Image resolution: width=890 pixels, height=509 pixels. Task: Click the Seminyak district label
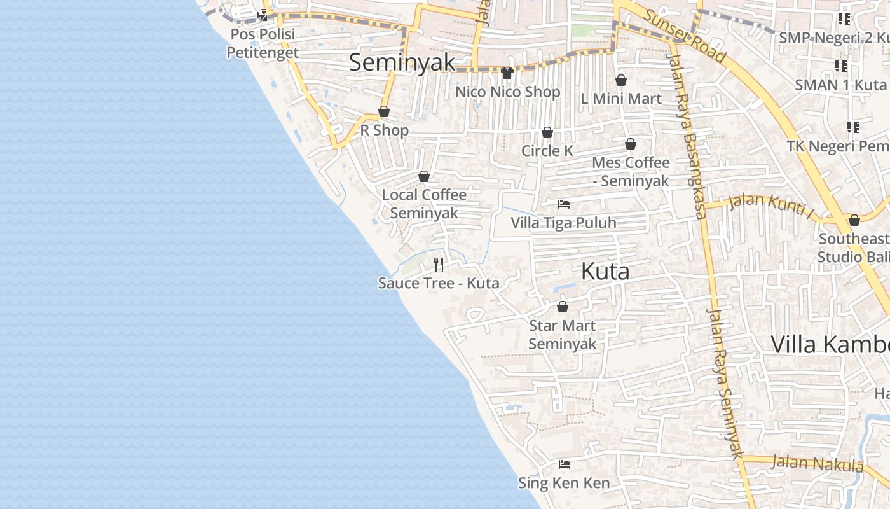402,62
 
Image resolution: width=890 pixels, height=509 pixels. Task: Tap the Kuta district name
605,272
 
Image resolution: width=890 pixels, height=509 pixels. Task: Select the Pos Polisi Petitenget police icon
263,15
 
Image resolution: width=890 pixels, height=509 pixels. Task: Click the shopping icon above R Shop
384,112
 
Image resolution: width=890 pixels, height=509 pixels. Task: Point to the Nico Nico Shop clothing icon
507,73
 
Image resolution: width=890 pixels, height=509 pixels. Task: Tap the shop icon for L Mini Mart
621,80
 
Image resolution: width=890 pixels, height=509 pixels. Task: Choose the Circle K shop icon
547,132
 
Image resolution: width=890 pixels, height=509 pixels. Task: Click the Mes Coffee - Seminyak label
631,172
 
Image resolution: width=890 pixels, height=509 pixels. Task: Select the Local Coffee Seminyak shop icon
424,176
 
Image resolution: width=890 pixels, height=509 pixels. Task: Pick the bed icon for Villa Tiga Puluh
563,204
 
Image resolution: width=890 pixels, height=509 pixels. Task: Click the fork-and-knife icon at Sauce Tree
439,264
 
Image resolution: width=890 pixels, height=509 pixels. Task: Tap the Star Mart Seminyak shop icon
563,307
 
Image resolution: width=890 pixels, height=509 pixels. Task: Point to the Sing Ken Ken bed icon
564,464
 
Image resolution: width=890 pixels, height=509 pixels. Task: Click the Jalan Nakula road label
818,463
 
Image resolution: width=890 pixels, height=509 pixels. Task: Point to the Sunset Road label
685,37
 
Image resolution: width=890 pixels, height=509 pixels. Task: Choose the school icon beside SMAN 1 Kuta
841,66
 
